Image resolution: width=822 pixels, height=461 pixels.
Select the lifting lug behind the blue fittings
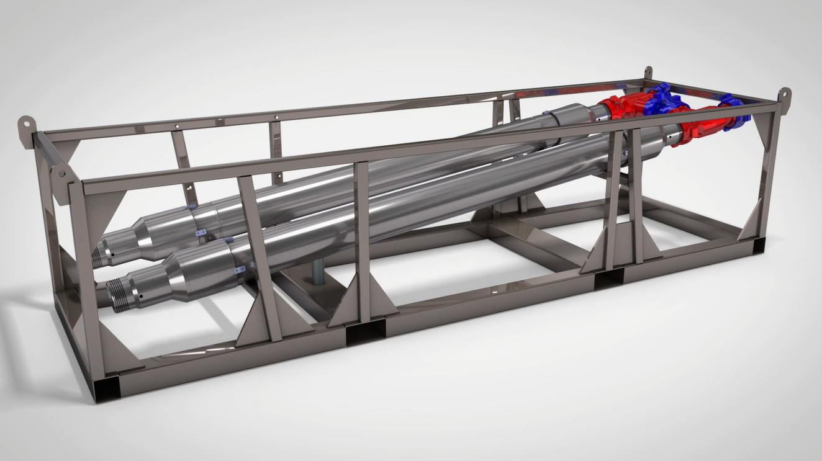tap(648, 73)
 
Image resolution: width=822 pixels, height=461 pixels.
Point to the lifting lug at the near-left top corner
tap(60, 174)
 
